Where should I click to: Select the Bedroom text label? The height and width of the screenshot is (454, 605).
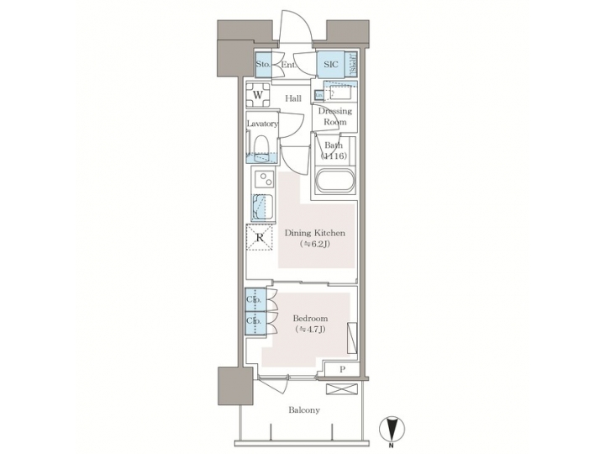pyautogui.click(x=310, y=319)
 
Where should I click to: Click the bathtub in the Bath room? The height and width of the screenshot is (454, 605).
pyautogui.click(x=335, y=182)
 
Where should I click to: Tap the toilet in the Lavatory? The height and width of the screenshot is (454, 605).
pyautogui.click(x=261, y=147)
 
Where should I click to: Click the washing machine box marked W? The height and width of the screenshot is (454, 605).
pyautogui.click(x=259, y=95)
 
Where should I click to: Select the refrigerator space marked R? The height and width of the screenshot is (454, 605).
pyautogui.click(x=260, y=239)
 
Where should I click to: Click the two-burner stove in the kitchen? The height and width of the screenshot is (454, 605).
pyautogui.click(x=263, y=180)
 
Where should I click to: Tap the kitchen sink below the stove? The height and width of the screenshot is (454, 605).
pyautogui.click(x=262, y=207)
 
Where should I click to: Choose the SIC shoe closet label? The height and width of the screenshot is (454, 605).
pyautogui.click(x=329, y=64)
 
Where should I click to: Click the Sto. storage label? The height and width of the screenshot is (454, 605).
pyautogui.click(x=263, y=64)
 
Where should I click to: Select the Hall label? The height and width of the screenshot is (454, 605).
pyautogui.click(x=292, y=98)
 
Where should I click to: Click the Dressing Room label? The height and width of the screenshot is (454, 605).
pyautogui.click(x=335, y=116)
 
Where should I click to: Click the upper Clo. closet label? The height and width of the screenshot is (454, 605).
pyautogui.click(x=253, y=299)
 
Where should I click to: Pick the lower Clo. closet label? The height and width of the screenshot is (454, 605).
pyautogui.click(x=253, y=320)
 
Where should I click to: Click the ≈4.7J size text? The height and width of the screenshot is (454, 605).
pyautogui.click(x=310, y=331)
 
